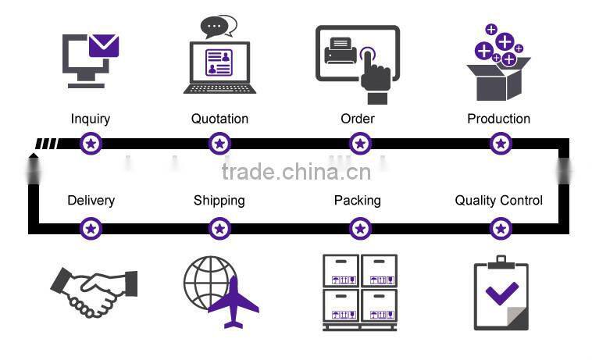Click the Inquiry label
click(91, 119)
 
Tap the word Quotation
click(219, 119)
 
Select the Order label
click(358, 119)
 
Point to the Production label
click(498, 119)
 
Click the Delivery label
click(91, 201)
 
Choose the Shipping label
click(219, 201)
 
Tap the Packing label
click(357, 201)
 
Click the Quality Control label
click(498, 201)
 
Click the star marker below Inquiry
click(92, 144)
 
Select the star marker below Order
click(360, 144)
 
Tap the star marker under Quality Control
click(501, 229)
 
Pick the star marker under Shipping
click(220, 229)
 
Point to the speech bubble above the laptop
click(218, 27)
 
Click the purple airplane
click(233, 302)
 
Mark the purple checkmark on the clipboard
click(502, 294)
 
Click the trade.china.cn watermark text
click(296, 172)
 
